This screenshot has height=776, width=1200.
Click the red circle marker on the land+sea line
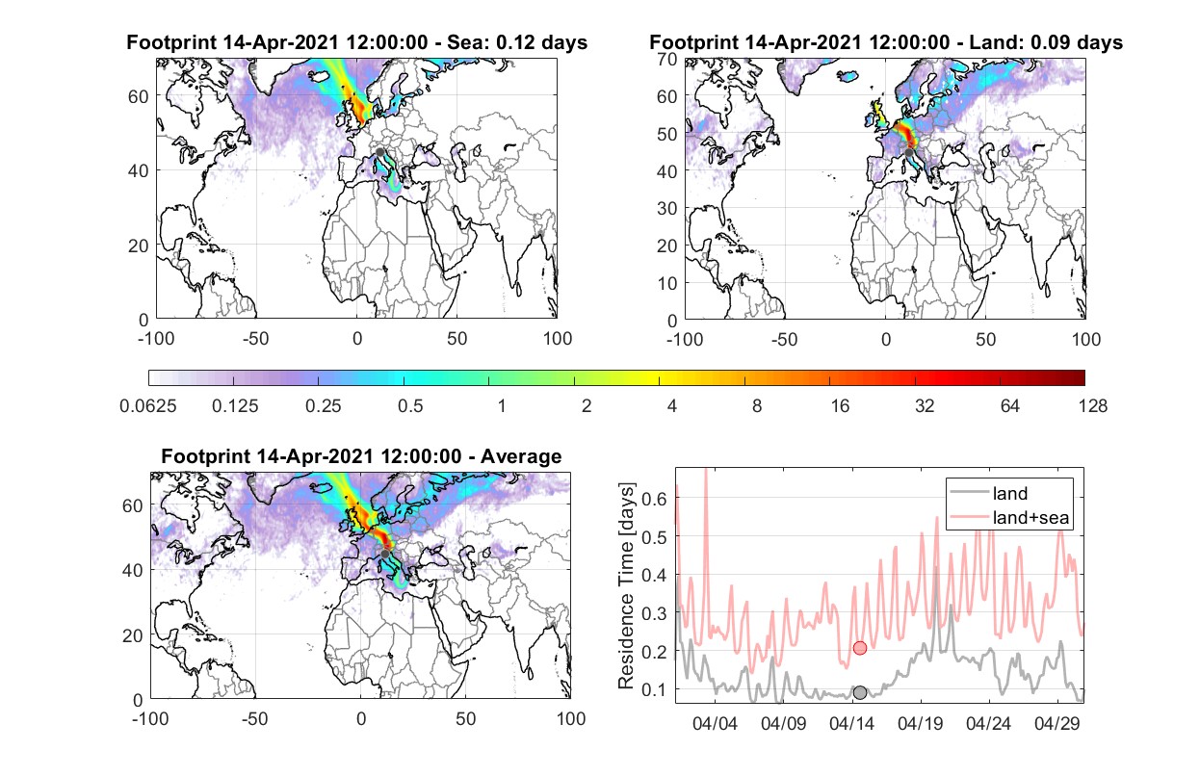coord(860,648)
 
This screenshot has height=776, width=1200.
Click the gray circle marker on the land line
coord(860,692)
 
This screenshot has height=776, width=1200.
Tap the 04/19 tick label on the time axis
coord(921,723)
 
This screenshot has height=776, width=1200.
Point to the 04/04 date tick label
coord(716,723)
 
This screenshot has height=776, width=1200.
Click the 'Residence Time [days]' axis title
coord(626,586)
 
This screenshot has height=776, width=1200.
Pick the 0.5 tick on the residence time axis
coord(654,537)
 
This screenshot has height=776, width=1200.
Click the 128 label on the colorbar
coord(1093,406)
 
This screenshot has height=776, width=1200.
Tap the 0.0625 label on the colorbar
coord(148,406)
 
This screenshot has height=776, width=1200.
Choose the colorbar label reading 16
coord(840,406)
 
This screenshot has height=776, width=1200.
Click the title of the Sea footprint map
coord(356,42)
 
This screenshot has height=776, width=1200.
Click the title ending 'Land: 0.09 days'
coord(886,42)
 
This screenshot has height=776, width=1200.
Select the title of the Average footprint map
coord(361,456)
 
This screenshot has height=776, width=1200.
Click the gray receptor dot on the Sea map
coord(379,152)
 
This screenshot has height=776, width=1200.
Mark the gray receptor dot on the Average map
coord(385,554)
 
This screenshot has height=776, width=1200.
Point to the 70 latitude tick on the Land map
coord(667,59)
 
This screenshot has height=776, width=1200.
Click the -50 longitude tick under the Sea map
coord(255,339)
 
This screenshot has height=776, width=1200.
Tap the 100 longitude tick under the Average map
coord(571,718)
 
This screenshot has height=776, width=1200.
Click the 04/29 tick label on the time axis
coord(1057,723)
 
